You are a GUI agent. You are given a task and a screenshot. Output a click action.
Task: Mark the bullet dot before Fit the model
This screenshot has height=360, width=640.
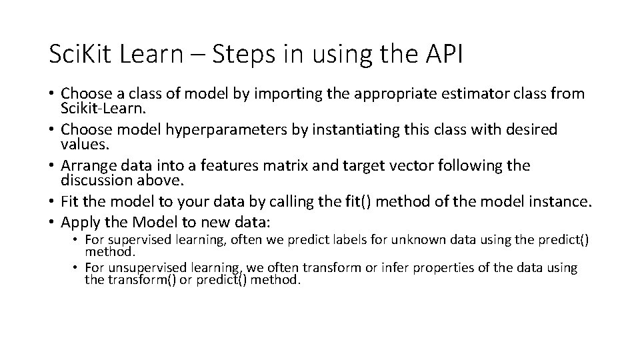pos(51,201)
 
